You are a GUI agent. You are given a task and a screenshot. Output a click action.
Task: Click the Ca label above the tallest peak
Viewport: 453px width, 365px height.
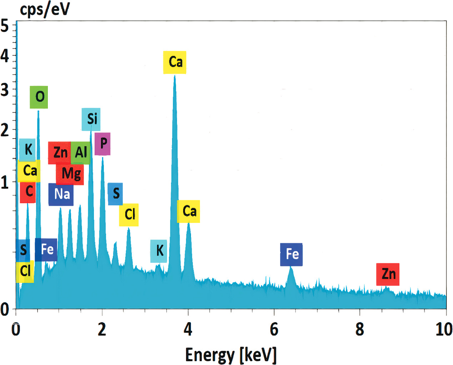[175, 62]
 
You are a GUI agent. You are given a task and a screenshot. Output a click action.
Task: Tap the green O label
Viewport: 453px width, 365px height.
[39, 97]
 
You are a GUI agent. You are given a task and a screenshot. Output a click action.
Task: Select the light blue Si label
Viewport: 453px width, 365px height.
[91, 119]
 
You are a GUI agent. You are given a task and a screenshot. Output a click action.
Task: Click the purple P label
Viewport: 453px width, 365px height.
[102, 144]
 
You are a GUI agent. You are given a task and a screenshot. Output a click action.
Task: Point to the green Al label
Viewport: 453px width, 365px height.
[81, 153]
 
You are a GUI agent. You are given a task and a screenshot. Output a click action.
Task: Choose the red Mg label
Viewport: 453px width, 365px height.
[71, 174]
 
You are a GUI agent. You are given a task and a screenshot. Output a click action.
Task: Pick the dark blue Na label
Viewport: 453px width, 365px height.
[61, 194]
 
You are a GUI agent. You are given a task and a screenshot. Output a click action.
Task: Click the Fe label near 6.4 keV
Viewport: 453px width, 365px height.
[291, 254]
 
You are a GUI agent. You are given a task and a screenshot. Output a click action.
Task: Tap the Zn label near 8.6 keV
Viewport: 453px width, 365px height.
[388, 274]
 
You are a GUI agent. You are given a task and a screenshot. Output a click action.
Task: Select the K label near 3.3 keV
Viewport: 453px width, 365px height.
[159, 251]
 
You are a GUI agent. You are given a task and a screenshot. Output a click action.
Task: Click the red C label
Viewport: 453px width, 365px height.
[28, 192]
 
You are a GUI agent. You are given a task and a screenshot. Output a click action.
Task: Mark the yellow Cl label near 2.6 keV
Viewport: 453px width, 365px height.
[129, 215]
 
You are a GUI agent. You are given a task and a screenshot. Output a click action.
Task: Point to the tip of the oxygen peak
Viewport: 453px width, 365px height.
[38, 111]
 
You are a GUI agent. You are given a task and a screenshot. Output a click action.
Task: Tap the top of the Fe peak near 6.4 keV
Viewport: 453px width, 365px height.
[291, 267]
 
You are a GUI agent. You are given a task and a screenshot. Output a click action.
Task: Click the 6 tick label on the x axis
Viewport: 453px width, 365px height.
[274, 329]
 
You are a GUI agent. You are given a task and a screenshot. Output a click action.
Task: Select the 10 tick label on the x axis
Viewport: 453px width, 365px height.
[444, 329]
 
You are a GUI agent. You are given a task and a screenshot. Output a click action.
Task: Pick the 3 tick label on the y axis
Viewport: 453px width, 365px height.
[5, 90]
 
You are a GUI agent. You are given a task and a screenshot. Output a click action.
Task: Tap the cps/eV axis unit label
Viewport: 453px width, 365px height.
[45, 9]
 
